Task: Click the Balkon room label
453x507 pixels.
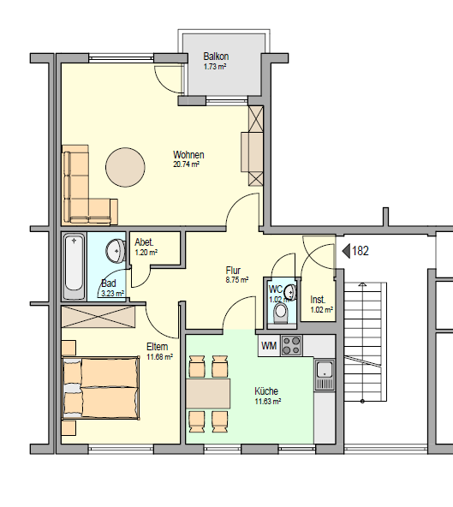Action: tap(216, 57)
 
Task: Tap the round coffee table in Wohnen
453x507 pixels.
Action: tap(125, 167)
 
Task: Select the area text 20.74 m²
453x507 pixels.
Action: tap(186, 164)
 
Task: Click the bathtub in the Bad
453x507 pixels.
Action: tap(74, 266)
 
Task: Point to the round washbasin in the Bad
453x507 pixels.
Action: tap(116, 250)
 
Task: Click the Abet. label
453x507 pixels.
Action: tap(144, 242)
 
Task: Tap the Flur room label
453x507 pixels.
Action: tap(233, 270)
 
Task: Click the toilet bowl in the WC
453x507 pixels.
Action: tap(280, 313)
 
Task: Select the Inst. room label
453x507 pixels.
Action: tap(318, 300)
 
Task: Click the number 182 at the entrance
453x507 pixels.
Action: tap(361, 251)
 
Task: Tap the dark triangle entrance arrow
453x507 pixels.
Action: tap(346, 251)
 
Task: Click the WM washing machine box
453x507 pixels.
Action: tap(269, 346)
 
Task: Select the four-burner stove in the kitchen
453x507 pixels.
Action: tap(292, 346)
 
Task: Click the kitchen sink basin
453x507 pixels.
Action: tap(325, 369)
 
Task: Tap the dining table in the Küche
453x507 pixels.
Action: tap(208, 394)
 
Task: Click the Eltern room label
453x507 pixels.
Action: tap(158, 347)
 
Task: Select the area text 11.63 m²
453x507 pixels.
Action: tap(268, 402)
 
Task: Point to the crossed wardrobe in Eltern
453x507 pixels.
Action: tap(98, 317)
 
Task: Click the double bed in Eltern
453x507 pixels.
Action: tap(100, 388)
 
